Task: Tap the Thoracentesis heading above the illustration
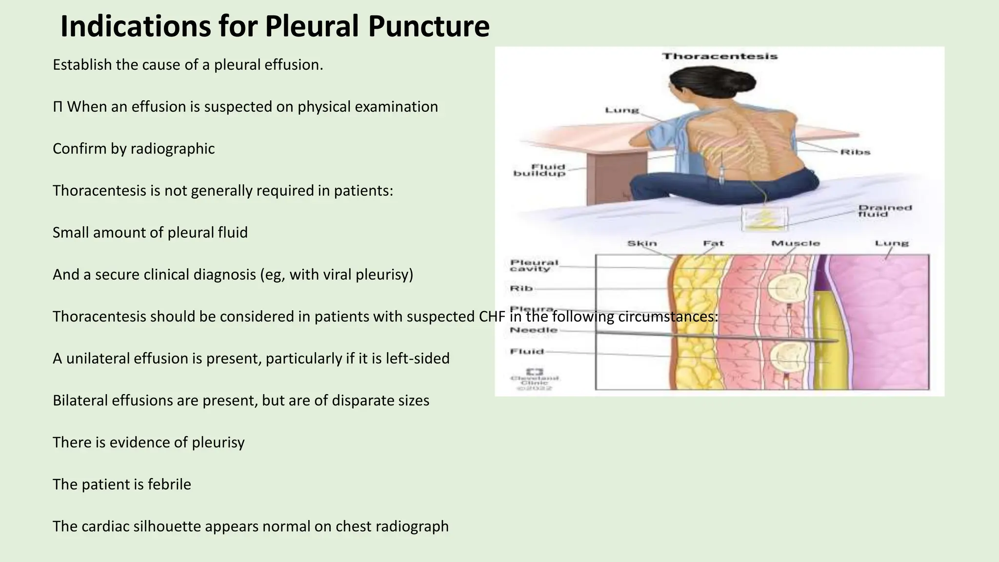[x=719, y=57]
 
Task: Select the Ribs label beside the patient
[x=855, y=152]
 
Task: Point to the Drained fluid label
[x=884, y=211]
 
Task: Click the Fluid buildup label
[x=539, y=170]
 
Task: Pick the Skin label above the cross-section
[x=642, y=243]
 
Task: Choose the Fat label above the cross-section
[x=713, y=243]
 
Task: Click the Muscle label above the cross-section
[x=795, y=243]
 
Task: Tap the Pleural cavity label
[x=534, y=265]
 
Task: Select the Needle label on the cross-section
[x=534, y=330]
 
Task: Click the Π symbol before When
[x=58, y=107]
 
